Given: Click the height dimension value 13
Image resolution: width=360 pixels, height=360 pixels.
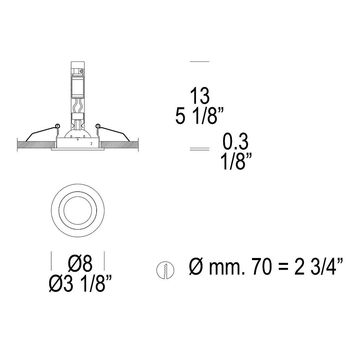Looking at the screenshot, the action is [200, 96].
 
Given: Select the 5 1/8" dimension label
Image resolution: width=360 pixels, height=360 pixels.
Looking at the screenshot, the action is [199, 115].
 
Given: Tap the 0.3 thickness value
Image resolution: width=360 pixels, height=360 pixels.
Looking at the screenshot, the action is [235, 141].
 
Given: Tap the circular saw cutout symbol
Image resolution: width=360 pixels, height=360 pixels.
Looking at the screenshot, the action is [165, 270].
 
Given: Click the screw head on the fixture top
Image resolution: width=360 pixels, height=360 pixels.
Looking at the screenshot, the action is [82, 71].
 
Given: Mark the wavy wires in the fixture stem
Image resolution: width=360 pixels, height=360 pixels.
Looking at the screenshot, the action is [78, 107].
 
